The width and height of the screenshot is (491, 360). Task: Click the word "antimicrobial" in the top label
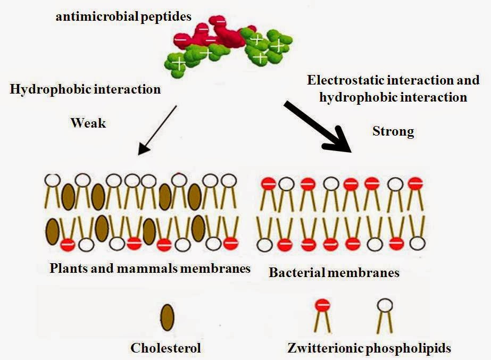pos(97,16)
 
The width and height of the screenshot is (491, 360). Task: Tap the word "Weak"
pos(88,123)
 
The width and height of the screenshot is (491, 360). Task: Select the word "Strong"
pos(393,131)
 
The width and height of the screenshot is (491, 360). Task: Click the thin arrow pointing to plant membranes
pos(157,130)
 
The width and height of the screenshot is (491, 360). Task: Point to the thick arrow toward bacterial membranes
pos(318,127)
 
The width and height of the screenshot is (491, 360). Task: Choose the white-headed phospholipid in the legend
pos(385,316)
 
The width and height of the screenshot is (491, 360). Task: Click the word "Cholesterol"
pos(165,348)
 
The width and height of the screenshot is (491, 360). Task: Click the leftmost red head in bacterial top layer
pos(269,183)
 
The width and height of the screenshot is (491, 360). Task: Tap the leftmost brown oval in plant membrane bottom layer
pos(52,232)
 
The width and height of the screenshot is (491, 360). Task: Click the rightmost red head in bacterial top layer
pos(415,183)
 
